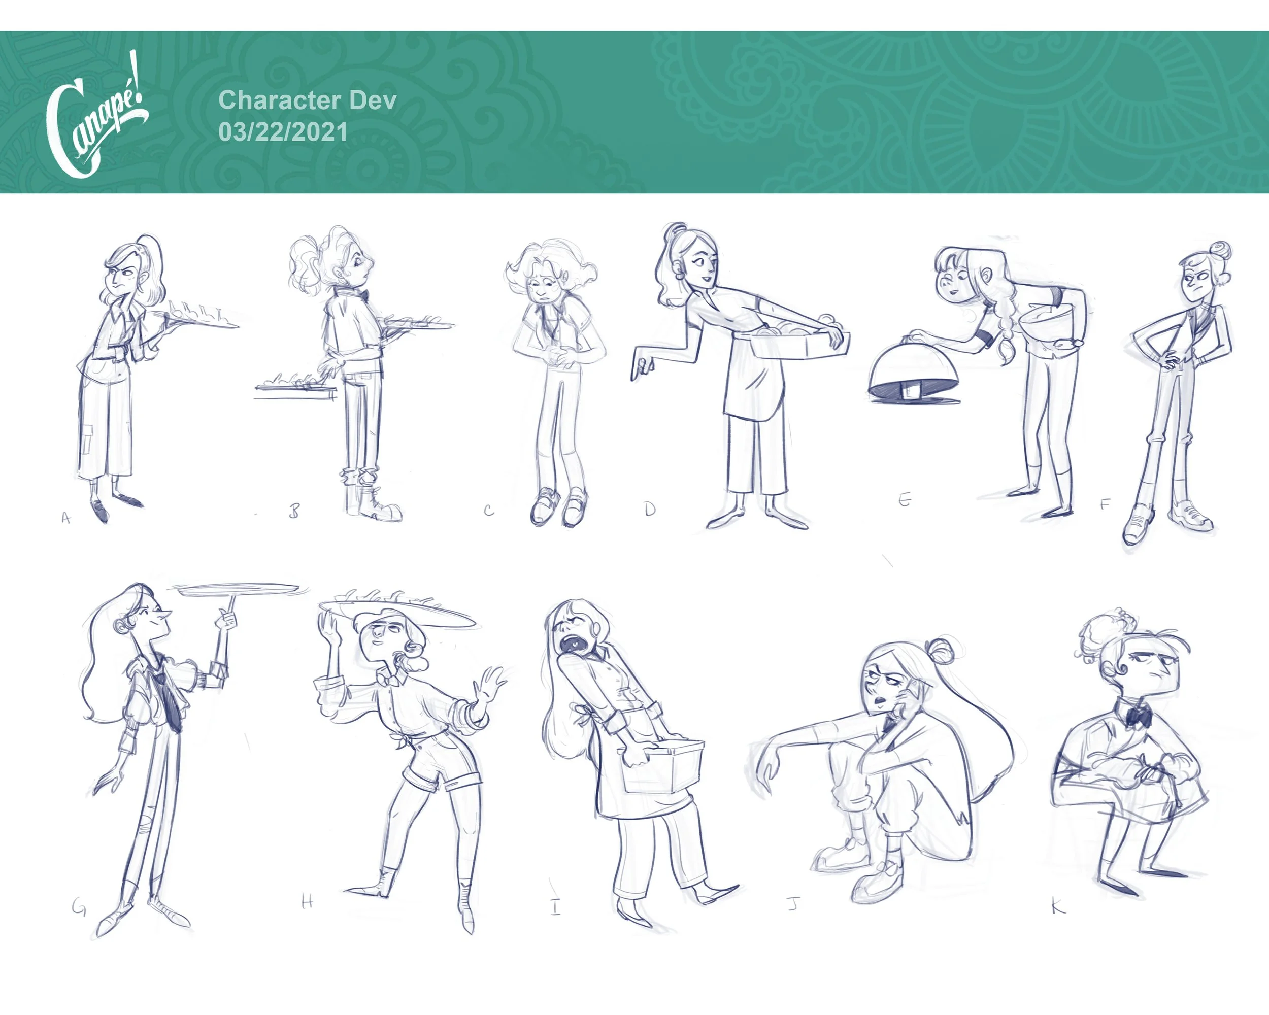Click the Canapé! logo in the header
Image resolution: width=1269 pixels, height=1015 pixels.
click(97, 115)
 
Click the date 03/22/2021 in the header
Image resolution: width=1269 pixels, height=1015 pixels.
click(283, 132)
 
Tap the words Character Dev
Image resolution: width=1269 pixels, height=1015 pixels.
click(307, 100)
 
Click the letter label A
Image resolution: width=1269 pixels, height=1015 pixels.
click(66, 518)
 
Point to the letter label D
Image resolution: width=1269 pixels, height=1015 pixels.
click(649, 509)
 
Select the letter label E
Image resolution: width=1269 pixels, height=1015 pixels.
click(905, 499)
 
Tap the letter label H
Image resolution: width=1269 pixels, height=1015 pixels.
click(307, 901)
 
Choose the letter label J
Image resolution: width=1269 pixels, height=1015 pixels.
click(793, 903)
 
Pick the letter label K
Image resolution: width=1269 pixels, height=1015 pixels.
click(1058, 906)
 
